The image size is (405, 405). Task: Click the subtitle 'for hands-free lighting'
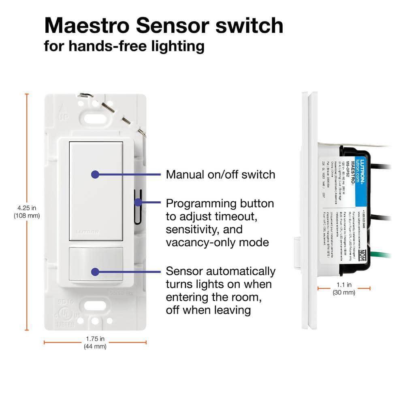124,46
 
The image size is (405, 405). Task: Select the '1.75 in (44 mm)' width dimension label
95,342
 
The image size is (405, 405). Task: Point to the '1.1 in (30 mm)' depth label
343,288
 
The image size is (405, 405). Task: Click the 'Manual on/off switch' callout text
220,175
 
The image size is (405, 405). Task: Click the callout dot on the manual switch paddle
95,175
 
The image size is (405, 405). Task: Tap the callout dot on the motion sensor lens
95,272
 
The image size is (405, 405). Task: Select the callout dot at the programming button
138,202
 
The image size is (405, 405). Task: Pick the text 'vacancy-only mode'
217,242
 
